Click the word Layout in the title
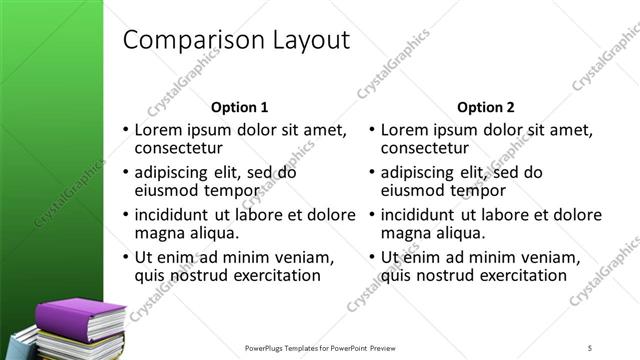307,41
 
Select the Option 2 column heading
485,107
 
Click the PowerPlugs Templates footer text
320,347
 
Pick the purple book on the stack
80,316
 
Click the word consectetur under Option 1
179,149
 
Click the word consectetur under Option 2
425,149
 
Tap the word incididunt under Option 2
419,214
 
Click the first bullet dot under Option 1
125,131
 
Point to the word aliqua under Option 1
211,233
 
